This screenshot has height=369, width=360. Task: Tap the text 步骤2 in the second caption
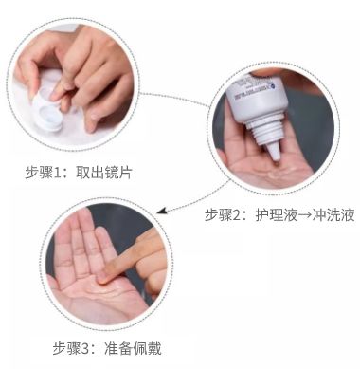pos(225,215)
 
